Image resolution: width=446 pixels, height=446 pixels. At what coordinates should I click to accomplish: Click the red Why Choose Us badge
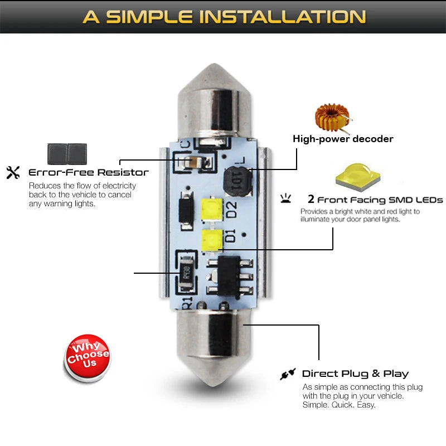(88, 357)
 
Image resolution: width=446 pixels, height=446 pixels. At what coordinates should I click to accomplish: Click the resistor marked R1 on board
(186, 272)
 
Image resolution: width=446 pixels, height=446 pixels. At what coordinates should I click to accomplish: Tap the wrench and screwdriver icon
(13, 172)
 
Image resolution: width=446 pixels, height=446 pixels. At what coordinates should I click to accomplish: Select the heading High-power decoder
(343, 139)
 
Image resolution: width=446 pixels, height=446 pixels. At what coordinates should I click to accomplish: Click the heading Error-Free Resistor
(88, 172)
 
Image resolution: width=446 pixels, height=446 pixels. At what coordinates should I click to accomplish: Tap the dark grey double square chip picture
(66, 152)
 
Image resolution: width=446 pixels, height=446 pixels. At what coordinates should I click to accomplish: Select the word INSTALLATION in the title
(283, 16)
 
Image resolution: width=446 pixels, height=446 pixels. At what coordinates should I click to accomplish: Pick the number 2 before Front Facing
(311, 199)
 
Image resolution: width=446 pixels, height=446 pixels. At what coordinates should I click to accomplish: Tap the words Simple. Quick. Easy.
(339, 405)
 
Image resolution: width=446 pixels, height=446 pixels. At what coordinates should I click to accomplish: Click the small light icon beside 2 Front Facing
(286, 198)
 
